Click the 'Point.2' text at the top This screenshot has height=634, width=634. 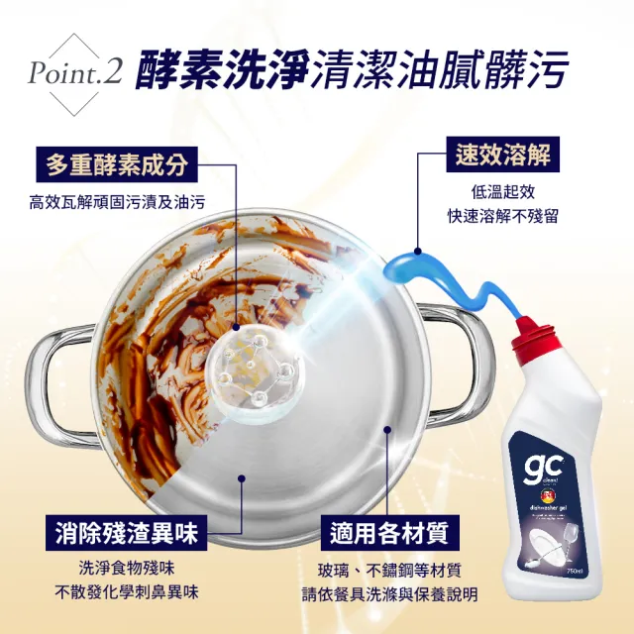click(x=74, y=73)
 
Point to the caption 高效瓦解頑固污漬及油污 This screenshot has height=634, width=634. click(x=117, y=202)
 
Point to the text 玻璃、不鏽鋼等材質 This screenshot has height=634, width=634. click(x=389, y=571)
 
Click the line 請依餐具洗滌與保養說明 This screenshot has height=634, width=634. click(x=389, y=594)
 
